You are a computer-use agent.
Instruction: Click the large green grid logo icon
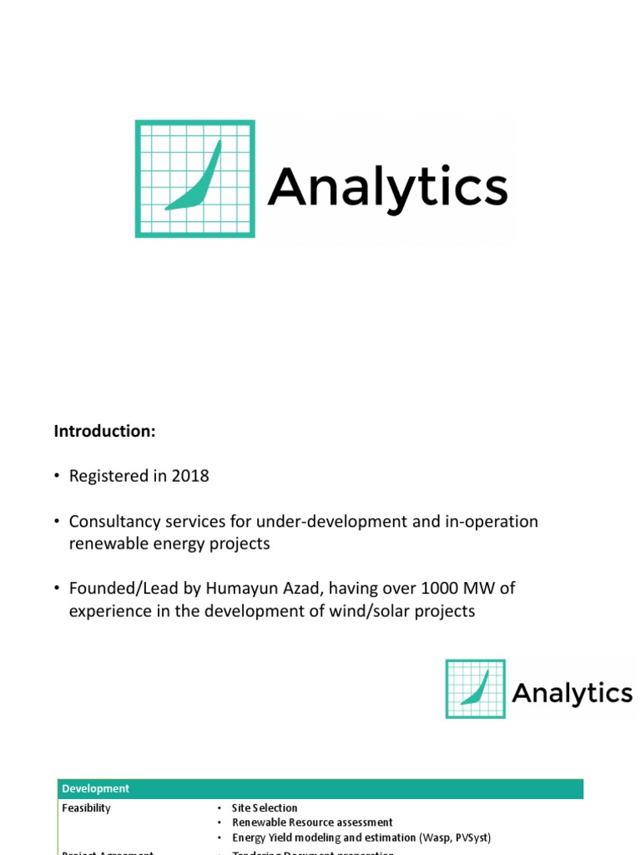(195, 179)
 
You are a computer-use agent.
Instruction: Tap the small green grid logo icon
(476, 689)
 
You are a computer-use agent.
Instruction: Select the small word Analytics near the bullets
(572, 694)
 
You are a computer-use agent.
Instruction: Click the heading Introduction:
(105, 431)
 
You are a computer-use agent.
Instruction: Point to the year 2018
(190, 476)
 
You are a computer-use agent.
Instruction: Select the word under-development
(308, 521)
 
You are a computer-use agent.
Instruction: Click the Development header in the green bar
(96, 789)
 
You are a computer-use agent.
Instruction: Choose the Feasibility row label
(86, 808)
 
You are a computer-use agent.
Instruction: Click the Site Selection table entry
(265, 808)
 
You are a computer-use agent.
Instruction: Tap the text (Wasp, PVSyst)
(455, 837)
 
